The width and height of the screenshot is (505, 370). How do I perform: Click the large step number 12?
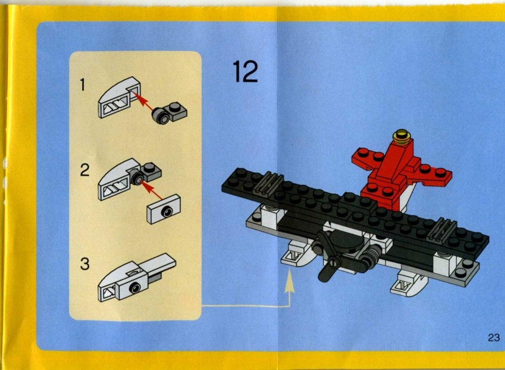[245, 71]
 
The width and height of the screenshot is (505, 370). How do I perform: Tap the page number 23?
[494, 337]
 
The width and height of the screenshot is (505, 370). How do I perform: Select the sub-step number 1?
[83, 85]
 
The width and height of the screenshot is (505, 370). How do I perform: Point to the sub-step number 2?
[85, 170]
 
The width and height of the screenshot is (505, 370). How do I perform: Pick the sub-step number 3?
[85, 264]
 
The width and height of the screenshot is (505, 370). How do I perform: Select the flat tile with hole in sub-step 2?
[164, 209]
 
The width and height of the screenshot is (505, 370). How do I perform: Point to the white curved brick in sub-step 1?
[119, 97]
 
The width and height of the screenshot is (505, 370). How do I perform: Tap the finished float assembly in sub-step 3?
[137, 277]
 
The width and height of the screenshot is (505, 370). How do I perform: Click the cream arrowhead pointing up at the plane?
[290, 281]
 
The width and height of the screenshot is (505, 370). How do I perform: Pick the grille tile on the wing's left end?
[269, 184]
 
